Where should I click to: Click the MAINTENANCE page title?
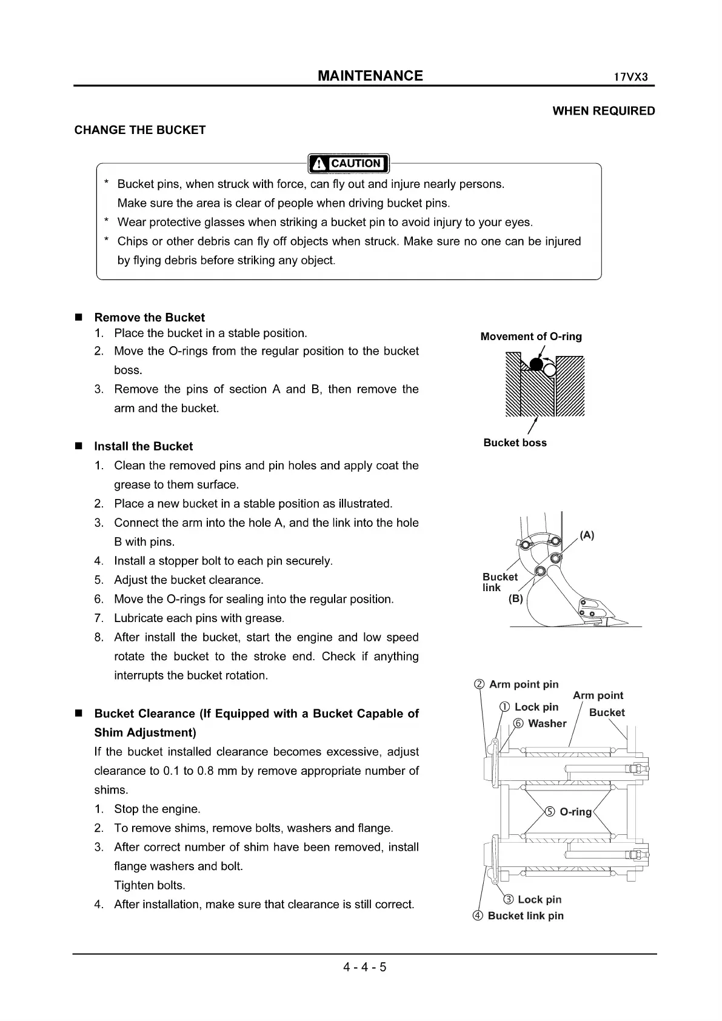370,76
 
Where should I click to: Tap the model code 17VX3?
630,78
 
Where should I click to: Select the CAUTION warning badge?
349,163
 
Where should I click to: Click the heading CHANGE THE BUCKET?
140,130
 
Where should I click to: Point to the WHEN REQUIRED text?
604,111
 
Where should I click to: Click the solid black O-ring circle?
535,364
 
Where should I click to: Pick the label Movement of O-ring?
530,336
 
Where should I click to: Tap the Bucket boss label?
515,443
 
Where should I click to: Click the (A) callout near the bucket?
587,535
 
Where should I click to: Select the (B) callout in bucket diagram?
515,599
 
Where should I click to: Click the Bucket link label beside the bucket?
500,582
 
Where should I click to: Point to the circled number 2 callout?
479,685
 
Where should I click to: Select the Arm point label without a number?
598,695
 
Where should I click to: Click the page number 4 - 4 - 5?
365,966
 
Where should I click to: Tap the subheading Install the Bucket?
143,446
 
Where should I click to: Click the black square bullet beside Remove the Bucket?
78,318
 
